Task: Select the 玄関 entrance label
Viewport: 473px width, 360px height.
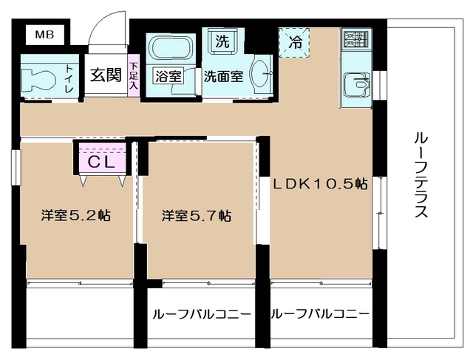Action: tap(106, 76)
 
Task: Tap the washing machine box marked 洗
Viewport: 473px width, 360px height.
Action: tap(222, 41)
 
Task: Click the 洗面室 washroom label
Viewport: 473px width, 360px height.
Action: tap(224, 75)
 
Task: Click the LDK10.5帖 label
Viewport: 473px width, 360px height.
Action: tap(320, 184)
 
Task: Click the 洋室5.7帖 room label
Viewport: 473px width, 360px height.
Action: tap(197, 217)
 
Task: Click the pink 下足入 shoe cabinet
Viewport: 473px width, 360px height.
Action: tap(134, 75)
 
